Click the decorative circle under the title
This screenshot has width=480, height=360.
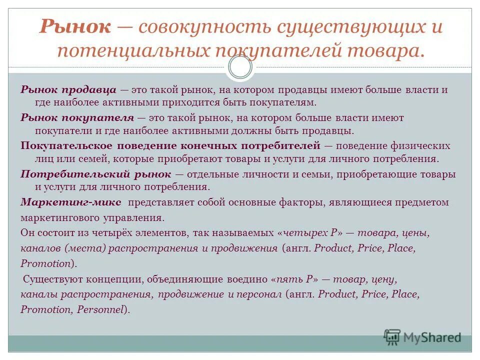[240, 67]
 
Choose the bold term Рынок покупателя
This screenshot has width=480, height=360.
[77, 118]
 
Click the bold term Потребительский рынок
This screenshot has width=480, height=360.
[96, 174]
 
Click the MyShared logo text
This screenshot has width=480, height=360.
[432, 337]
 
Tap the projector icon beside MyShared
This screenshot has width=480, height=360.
[392, 337]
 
